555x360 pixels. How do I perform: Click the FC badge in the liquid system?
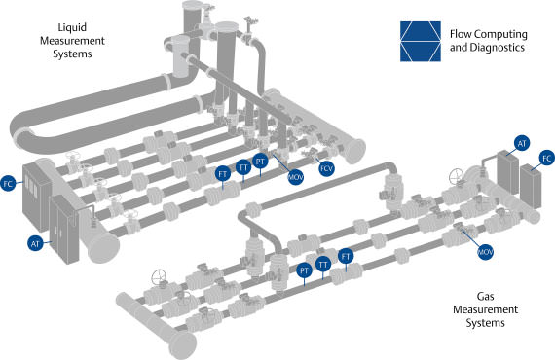pos(10,181)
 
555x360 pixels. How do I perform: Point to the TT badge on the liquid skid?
pos(243,167)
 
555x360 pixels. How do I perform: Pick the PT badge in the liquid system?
pos(261,161)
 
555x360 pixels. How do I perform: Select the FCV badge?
pos(326,167)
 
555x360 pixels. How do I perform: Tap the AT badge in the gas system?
pos(522,143)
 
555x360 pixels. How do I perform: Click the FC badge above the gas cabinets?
pos(546,157)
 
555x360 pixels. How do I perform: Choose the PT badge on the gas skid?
pos(305,270)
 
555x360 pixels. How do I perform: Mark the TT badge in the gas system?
pos(323,264)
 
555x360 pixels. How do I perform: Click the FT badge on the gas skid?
pos(346,256)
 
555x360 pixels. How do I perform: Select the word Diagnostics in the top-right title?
pos(499,47)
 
